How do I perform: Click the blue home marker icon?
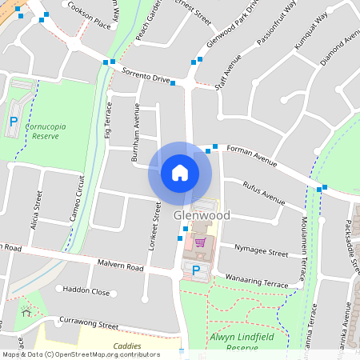(x=180, y=172)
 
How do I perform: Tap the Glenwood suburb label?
(x=202, y=216)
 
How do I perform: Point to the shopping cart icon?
(x=200, y=242)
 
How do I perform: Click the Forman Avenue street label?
(x=251, y=155)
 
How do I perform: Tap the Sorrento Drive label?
(x=146, y=76)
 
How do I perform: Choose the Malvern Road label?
(x=118, y=266)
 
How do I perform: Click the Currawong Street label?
(x=89, y=323)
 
